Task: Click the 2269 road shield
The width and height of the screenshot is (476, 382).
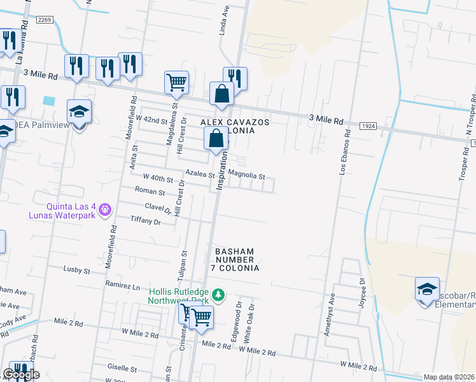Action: [44, 20]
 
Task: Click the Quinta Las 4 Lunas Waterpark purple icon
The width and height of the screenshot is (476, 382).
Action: [106, 208]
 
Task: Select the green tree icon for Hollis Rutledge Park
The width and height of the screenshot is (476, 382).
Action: [218, 295]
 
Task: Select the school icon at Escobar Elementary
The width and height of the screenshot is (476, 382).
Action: [427, 288]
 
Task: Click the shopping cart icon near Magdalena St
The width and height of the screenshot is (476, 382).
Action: [176, 81]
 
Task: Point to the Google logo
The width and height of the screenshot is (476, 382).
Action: [21, 374]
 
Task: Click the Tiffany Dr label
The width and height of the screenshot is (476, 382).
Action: [145, 222]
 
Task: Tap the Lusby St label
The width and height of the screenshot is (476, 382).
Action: [76, 270]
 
